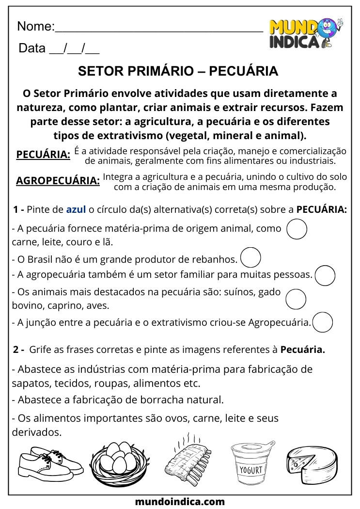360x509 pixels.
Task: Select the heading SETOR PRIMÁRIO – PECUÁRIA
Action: point(178,72)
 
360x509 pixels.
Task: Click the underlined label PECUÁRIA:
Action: point(43,155)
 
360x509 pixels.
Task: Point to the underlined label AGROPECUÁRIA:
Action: point(58,181)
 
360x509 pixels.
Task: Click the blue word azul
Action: point(76,210)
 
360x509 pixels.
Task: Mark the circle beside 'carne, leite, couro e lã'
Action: point(297,229)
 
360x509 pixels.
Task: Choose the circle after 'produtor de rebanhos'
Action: point(250,257)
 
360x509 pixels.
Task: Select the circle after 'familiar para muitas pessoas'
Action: point(325,275)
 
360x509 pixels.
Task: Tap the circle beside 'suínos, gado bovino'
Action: point(296,299)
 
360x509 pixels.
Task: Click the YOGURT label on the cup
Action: point(250,469)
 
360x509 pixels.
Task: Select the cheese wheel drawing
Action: point(312,460)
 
